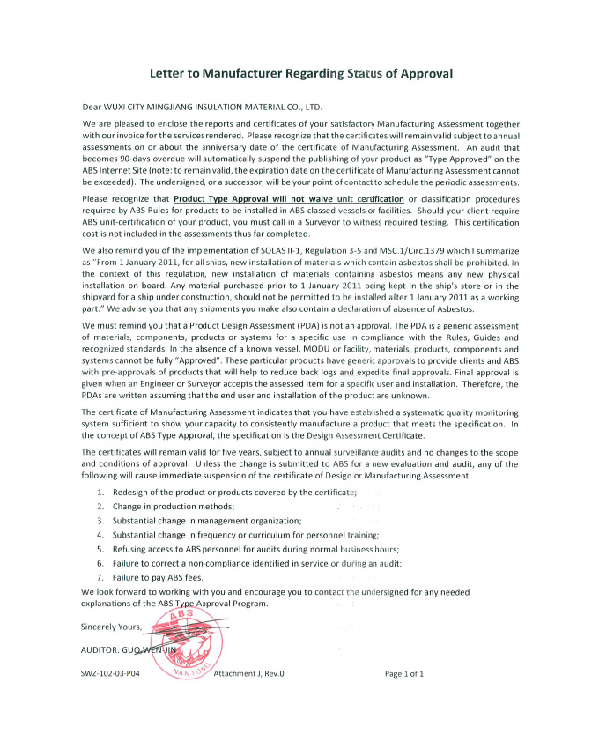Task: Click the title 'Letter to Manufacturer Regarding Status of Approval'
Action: [300, 74]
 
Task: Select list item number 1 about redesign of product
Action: [233, 491]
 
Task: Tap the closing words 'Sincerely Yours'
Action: [115, 627]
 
